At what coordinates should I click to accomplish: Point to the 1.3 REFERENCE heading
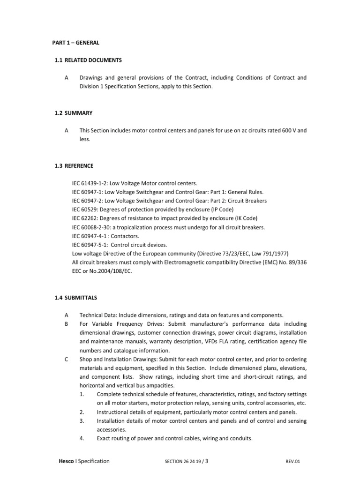click(75, 166)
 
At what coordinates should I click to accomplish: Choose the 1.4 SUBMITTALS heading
click(75, 298)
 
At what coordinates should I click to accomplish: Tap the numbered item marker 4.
click(82, 439)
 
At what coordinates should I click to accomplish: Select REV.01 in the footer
click(293, 462)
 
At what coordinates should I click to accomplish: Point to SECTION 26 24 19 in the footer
click(183, 462)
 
